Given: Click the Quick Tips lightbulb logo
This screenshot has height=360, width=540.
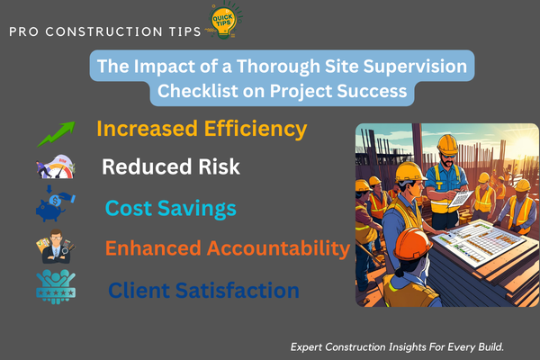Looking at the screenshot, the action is click(x=224, y=20).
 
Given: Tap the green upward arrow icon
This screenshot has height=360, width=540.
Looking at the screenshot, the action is click(x=56, y=134).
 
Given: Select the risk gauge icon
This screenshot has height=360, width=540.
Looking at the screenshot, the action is click(x=56, y=166).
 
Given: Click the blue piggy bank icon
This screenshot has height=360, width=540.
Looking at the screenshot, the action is click(x=55, y=204).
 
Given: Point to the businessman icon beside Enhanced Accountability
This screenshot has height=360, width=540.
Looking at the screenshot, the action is click(x=56, y=247).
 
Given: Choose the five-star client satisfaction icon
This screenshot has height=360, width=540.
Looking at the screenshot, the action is click(x=56, y=287).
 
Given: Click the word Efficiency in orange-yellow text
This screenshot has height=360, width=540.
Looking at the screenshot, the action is click(x=256, y=130).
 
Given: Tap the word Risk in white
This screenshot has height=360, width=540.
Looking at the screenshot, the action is click(x=219, y=166).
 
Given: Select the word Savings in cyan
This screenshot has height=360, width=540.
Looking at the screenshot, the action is click(x=196, y=209).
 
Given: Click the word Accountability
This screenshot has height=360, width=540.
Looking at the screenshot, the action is click(x=278, y=248).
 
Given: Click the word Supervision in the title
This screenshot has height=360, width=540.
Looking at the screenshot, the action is click(x=415, y=67).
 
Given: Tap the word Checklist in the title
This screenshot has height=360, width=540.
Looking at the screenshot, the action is click(x=198, y=91).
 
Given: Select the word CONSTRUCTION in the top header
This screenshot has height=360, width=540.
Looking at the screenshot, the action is click(x=103, y=31).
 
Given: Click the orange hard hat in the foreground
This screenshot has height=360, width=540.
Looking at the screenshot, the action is click(x=412, y=244).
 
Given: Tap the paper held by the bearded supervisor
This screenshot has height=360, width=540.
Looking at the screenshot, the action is click(x=460, y=198).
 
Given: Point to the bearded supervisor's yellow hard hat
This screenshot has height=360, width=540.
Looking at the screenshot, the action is click(x=447, y=144).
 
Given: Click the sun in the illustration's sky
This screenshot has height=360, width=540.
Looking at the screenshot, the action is click(x=526, y=142).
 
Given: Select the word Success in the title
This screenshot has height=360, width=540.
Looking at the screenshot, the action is click(x=372, y=91).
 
